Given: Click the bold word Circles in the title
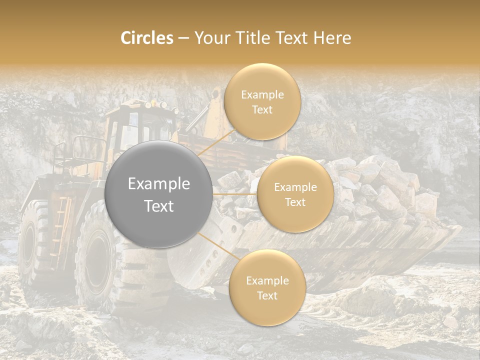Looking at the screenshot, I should (x=147, y=38).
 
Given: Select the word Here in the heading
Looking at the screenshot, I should (x=331, y=38).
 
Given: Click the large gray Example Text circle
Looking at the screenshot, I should (x=159, y=194).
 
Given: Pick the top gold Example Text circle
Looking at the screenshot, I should (x=262, y=101).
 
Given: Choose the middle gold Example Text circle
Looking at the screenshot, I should (x=295, y=194).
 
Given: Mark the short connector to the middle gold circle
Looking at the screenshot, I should (x=235, y=194).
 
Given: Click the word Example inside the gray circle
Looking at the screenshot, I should (x=159, y=184).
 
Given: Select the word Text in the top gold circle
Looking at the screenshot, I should (x=262, y=109).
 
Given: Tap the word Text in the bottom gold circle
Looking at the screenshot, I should (x=267, y=295).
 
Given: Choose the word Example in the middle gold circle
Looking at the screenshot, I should (x=295, y=187).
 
